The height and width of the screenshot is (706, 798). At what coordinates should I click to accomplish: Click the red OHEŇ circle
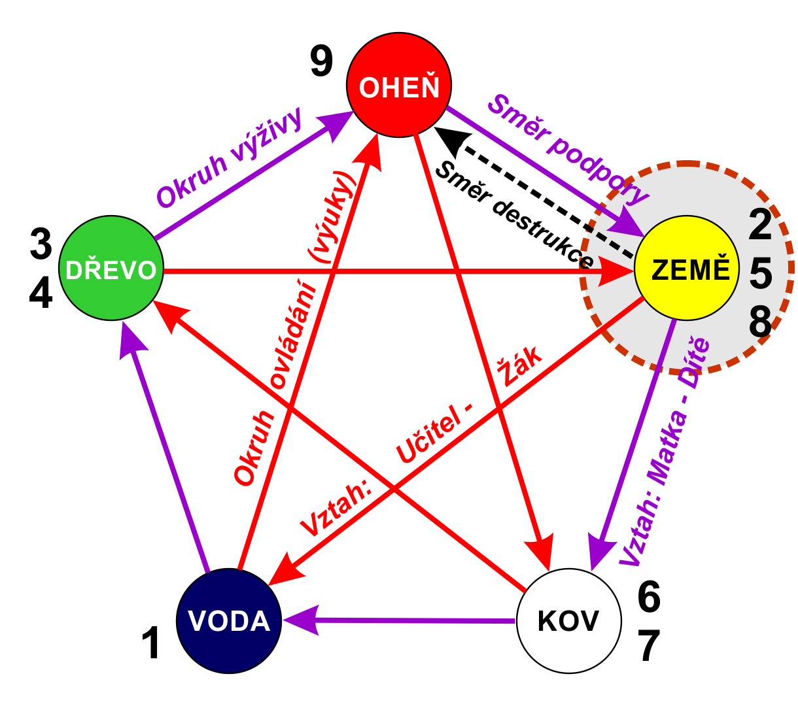tap(398, 85)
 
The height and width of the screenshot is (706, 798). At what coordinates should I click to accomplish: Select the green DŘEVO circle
tap(111, 268)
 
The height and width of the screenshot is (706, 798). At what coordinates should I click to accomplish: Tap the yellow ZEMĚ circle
tap(687, 268)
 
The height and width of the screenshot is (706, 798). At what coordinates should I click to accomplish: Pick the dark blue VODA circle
tap(228, 621)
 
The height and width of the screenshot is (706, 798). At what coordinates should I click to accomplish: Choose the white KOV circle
tap(568, 621)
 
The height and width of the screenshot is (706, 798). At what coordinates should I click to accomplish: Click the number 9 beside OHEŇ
tap(321, 61)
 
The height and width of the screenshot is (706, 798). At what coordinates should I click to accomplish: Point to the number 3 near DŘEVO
tap(41, 244)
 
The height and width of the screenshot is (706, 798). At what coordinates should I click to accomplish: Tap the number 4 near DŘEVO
tap(41, 293)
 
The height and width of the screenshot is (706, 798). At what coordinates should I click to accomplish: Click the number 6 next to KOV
tap(649, 597)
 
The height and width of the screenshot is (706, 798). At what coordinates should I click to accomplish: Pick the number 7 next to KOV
tap(649, 646)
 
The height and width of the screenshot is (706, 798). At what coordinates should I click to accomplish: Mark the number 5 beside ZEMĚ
tap(760, 273)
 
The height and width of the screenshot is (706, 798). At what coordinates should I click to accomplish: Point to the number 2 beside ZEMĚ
tap(760, 224)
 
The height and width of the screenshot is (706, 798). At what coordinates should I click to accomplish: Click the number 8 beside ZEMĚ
tap(760, 322)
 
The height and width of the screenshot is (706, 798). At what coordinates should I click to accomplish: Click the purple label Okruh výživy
tap(230, 157)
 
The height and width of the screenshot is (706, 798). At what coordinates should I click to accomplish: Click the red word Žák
tap(519, 366)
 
